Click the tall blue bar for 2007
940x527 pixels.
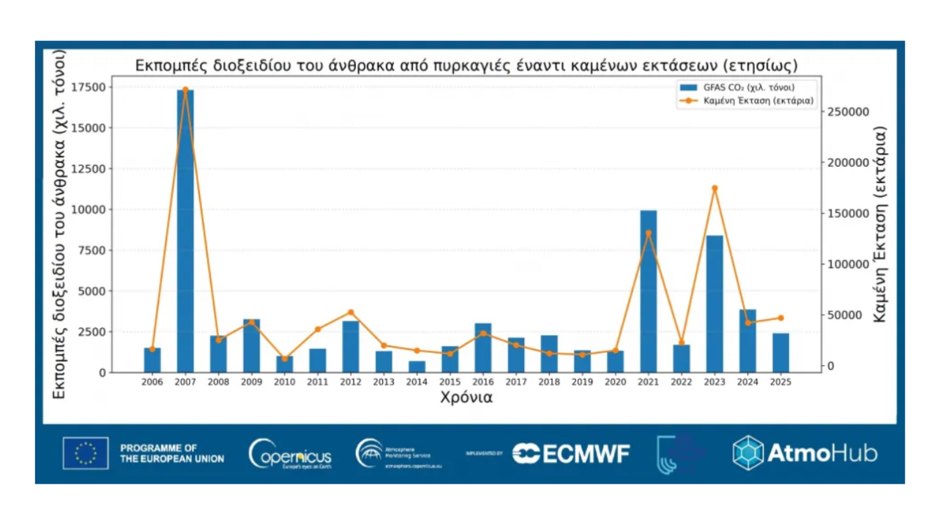(185, 231)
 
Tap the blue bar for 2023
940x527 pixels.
(715, 304)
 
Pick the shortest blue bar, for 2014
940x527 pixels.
(417, 367)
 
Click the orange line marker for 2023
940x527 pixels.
(715, 188)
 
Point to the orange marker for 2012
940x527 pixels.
(351, 312)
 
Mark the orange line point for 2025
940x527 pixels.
(780, 318)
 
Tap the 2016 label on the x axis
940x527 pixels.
(482, 382)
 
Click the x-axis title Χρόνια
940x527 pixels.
(466, 398)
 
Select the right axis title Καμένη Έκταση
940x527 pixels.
(880, 224)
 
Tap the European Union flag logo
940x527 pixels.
(86, 453)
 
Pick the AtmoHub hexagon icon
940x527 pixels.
(748, 453)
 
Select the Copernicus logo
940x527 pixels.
(290, 454)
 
